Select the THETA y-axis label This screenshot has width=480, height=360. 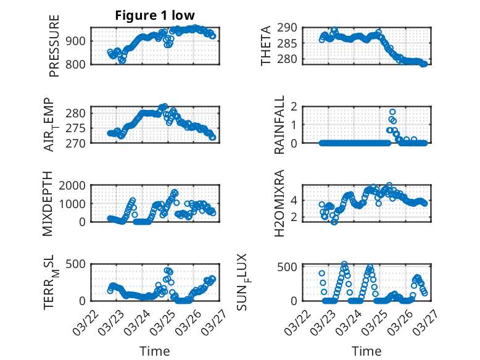point(266,46)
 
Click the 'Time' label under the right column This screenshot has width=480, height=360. point(366,351)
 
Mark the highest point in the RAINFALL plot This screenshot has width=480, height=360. point(392,112)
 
